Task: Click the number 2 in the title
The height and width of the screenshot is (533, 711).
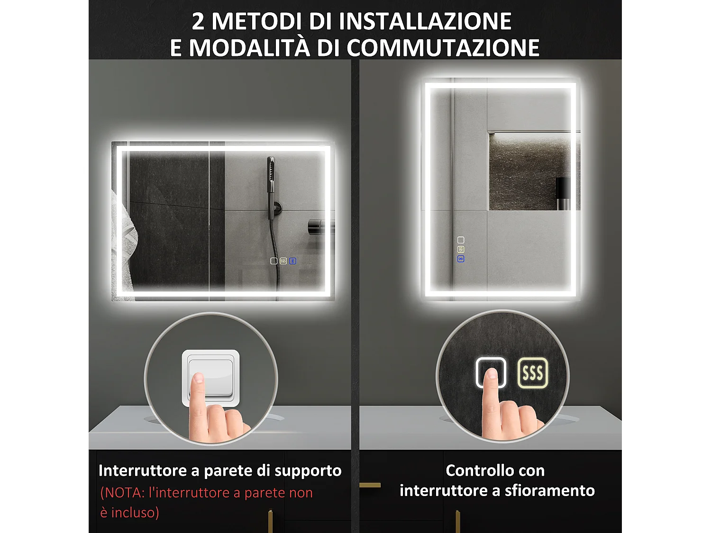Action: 198,22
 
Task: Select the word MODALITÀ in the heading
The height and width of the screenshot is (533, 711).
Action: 249,48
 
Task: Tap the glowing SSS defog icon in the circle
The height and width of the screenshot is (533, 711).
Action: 532,373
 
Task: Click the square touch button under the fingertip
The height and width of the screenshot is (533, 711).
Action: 491,373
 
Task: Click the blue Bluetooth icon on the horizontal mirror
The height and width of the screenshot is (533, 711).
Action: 292,261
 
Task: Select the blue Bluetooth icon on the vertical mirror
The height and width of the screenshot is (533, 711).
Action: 461,259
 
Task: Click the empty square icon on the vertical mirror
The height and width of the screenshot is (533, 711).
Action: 461,240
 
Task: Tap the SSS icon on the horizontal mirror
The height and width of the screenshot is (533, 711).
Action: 283,261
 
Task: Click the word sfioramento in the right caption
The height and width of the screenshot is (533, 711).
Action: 549,490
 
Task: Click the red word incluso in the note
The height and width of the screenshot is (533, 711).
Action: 135,513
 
